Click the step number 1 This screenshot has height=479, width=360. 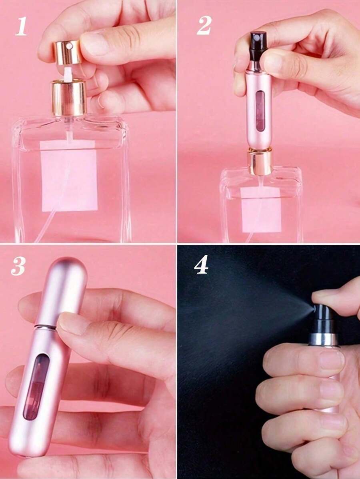(21, 26)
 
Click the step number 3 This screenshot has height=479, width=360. (18, 266)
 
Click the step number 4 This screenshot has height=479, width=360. (201, 265)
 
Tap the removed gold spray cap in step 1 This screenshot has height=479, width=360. (68, 52)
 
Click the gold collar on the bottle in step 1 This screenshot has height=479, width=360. (68, 98)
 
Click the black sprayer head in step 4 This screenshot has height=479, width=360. (322, 318)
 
